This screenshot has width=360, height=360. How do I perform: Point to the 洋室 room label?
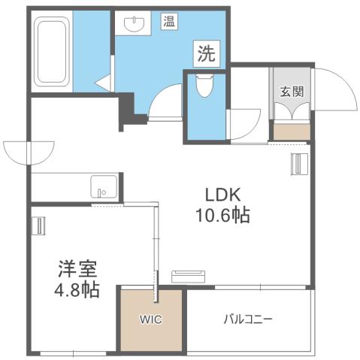click(77, 268)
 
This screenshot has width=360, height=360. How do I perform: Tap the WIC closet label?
click(150, 319)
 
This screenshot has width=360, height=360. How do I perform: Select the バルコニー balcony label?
click(247, 319)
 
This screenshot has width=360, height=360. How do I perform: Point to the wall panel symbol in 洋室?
click(39, 225)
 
